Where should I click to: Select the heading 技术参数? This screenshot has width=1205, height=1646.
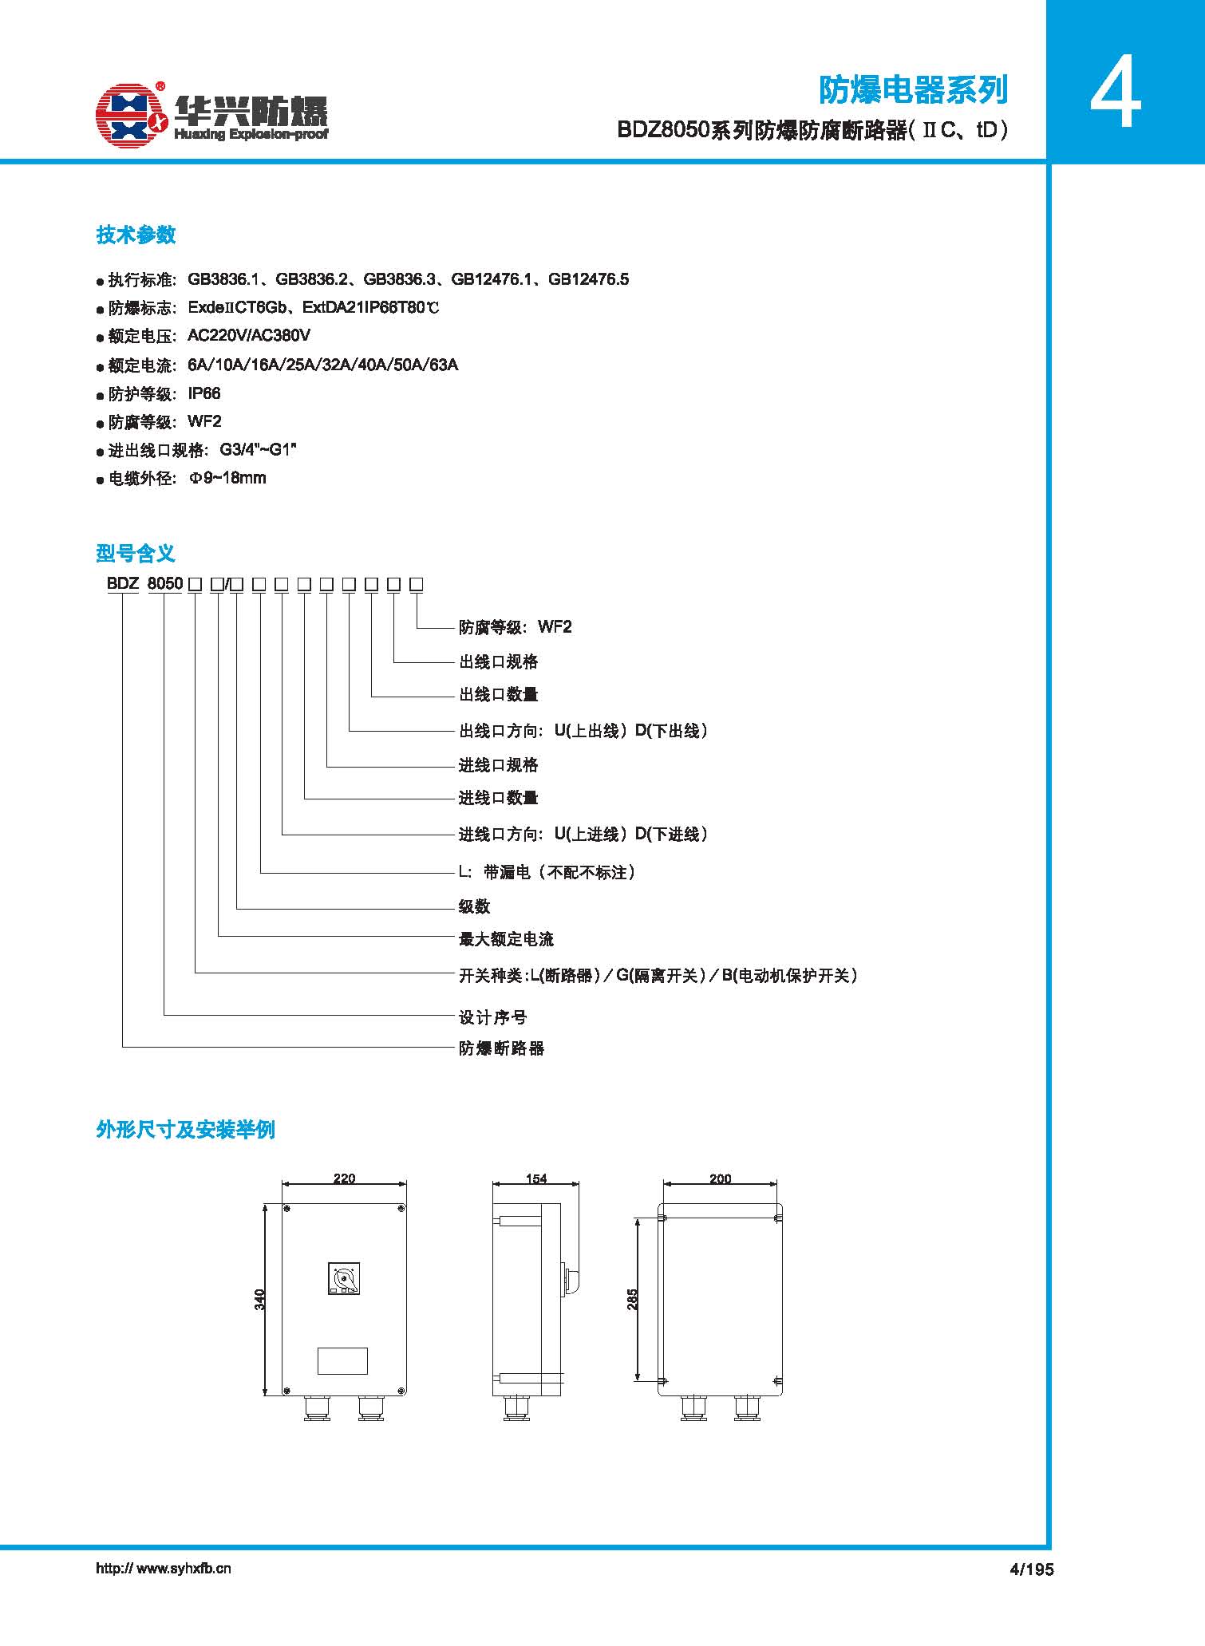click(x=136, y=235)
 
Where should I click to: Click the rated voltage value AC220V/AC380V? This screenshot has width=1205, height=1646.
click(x=249, y=336)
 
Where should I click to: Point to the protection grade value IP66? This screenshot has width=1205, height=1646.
click(x=204, y=393)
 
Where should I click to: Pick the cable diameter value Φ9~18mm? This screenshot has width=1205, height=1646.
click(x=227, y=478)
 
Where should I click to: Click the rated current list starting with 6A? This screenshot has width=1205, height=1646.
click(x=323, y=365)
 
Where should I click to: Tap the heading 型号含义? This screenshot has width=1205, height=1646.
click(x=136, y=553)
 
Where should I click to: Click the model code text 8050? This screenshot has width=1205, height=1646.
click(x=165, y=583)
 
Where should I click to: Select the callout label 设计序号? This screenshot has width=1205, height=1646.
click(x=493, y=1017)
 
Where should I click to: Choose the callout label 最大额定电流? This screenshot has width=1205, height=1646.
click(x=506, y=939)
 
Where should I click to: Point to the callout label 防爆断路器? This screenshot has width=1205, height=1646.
click(x=501, y=1048)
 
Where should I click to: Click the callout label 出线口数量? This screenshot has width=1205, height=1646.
click(x=499, y=694)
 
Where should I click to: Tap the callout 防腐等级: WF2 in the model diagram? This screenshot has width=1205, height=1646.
click(x=516, y=627)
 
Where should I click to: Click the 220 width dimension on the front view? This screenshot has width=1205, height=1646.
click(x=344, y=1178)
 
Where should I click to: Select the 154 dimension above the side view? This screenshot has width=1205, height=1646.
click(x=536, y=1178)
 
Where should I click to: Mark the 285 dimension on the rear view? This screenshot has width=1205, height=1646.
click(x=632, y=1300)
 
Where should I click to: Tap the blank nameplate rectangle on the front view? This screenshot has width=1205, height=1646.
click(x=343, y=1360)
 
